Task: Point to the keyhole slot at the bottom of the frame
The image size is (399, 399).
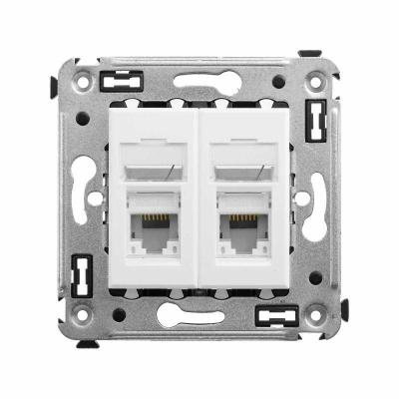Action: coord(199,318)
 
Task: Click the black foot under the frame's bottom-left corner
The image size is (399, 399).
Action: coord(87,344)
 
